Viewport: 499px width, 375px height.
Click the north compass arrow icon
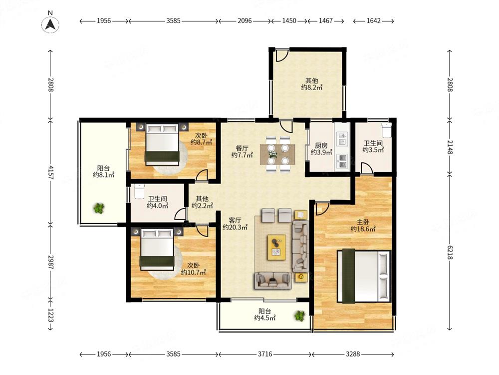click(50, 24)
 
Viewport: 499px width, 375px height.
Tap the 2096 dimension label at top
click(245, 20)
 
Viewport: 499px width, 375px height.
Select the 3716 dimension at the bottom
click(265, 354)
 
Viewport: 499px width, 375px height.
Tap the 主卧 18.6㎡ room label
click(363, 225)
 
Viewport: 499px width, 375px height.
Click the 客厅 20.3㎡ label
click(235, 223)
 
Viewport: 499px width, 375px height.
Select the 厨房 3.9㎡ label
click(321, 149)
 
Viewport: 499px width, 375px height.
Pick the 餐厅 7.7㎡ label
click(242, 151)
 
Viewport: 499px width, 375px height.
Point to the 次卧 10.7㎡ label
click(193, 269)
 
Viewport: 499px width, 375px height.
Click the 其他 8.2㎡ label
click(311, 84)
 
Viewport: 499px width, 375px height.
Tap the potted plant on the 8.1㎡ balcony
click(99, 208)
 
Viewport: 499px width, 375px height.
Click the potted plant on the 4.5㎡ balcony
click(299, 316)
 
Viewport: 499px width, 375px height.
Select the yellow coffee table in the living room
click(276, 247)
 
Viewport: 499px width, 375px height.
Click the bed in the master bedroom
click(364, 276)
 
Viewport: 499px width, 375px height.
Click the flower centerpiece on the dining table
click(273, 154)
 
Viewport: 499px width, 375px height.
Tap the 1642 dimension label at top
click(373, 20)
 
